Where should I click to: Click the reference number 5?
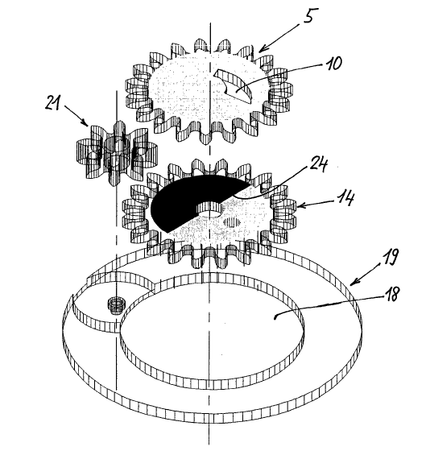coord(311,15)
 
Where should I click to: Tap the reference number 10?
coord(334,63)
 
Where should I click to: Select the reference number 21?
coord(52,103)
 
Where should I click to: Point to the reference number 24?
coord(319,165)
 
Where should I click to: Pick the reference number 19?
coord(390,257)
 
